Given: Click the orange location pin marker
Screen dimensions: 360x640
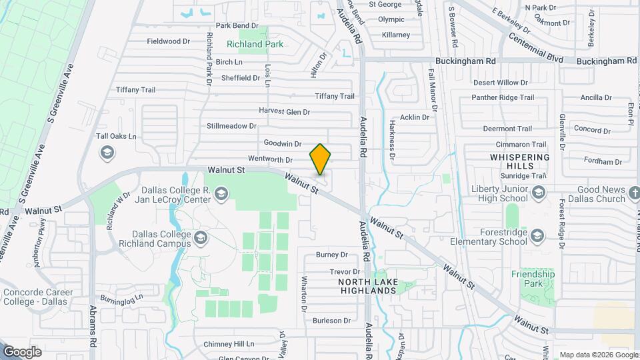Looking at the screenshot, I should (321, 159).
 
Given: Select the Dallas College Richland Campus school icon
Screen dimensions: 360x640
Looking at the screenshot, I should (200, 237).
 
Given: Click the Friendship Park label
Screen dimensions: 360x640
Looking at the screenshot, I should (533, 279).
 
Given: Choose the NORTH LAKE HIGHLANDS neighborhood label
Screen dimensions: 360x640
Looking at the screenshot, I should (368, 286).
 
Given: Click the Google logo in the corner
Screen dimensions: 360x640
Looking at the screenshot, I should (23, 351).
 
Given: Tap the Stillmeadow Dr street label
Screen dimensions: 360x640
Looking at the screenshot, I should (231, 125).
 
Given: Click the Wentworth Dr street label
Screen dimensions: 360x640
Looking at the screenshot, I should (270, 160).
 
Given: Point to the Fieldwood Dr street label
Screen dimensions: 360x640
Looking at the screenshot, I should (169, 41).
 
